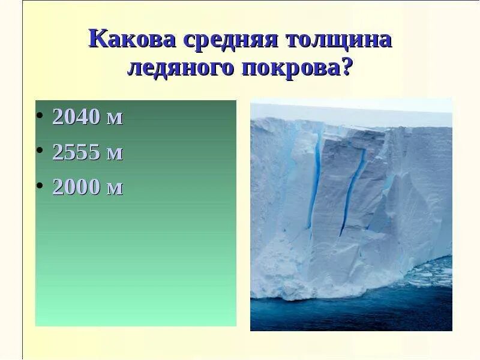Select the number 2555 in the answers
pos(76,152)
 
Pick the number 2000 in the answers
pos(76,187)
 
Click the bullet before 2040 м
pos(40,115)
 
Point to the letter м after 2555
pos(114,154)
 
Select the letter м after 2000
pos(114,189)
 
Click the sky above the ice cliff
pos(351,105)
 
